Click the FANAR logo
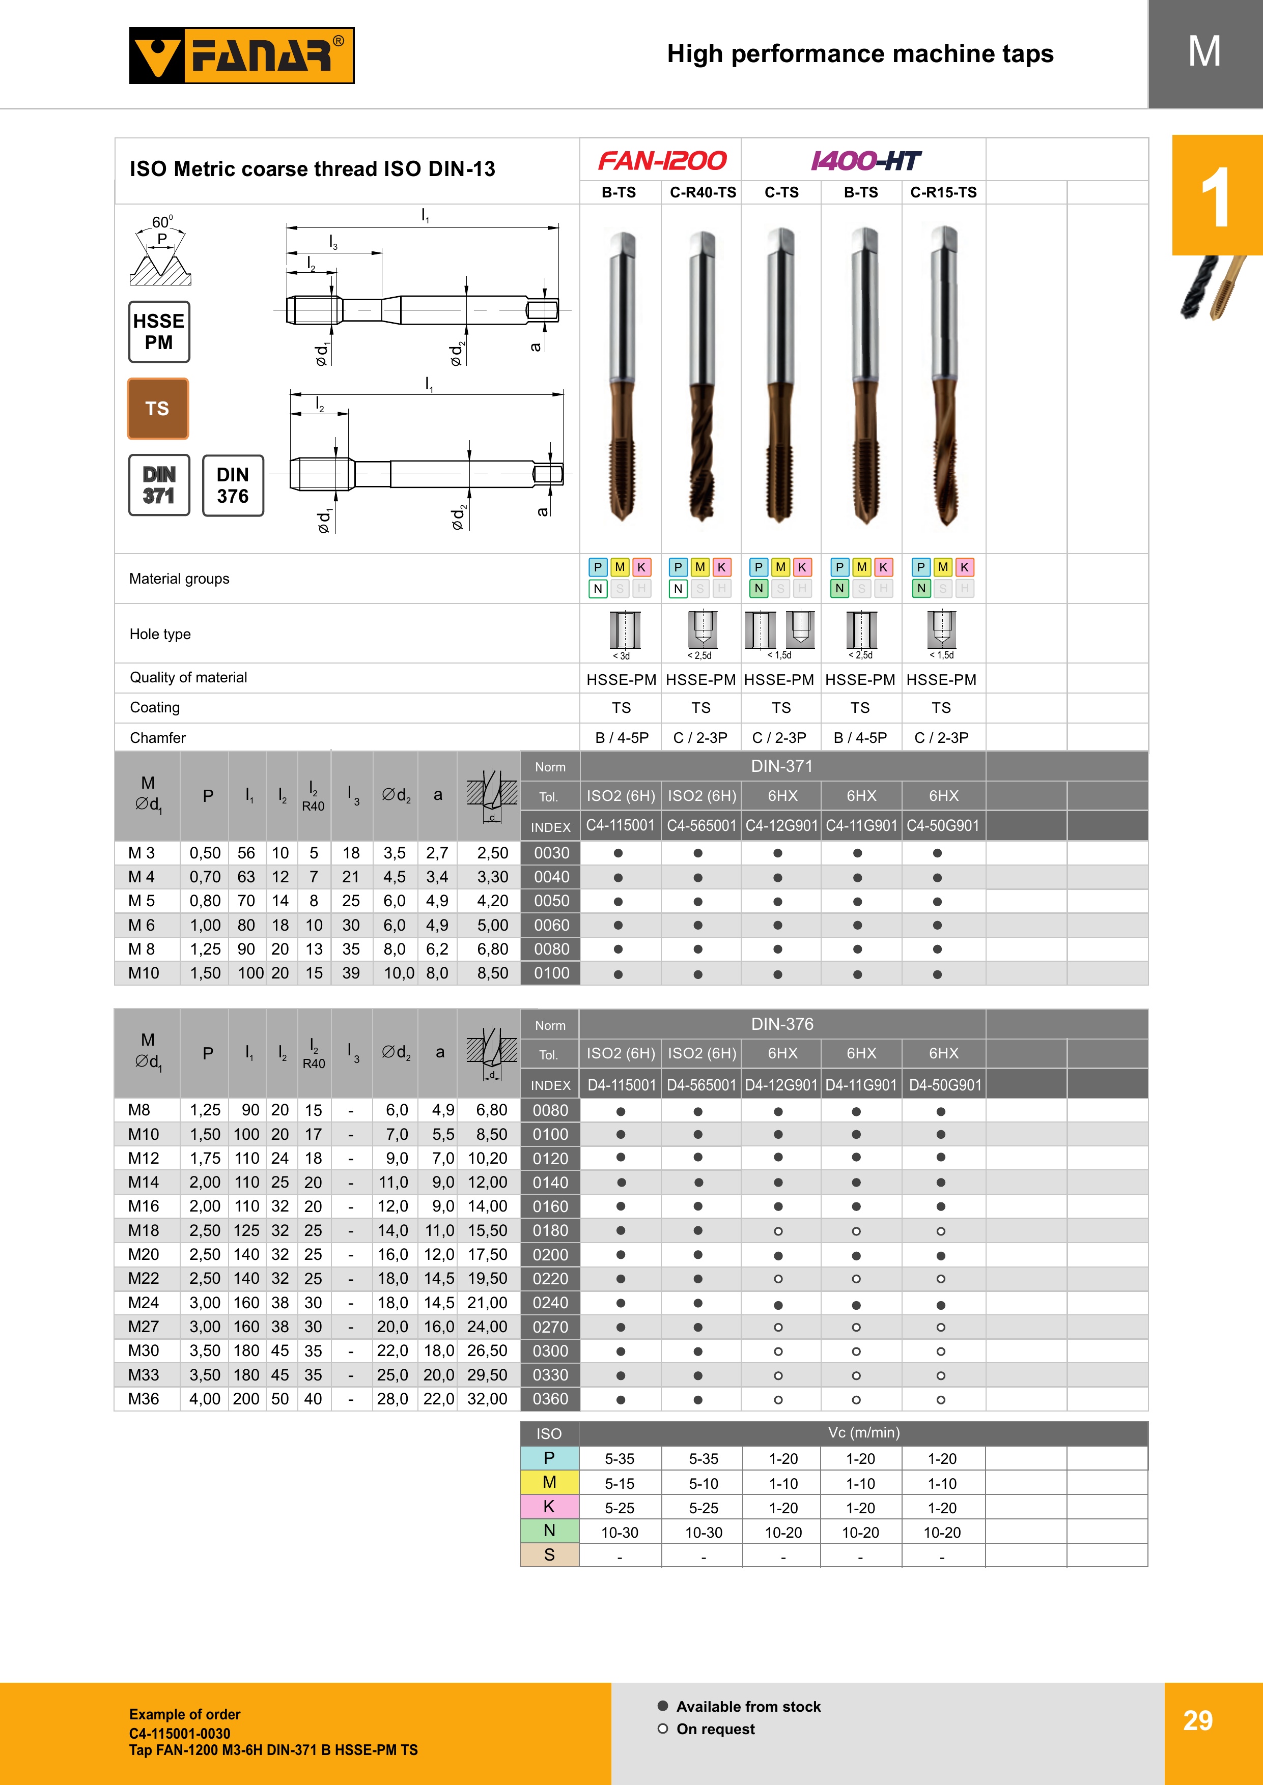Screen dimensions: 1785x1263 (241, 55)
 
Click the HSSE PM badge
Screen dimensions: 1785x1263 (159, 332)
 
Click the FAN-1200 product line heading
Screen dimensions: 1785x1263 (662, 161)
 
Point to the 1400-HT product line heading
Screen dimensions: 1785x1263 (864, 161)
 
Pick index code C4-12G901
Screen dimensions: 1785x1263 (781, 826)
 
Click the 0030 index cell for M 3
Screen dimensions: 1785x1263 (551, 853)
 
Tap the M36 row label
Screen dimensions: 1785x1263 (144, 1399)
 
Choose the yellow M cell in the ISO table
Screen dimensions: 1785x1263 (549, 1483)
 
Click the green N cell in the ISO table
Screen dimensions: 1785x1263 (549, 1531)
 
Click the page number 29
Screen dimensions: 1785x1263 (1198, 1720)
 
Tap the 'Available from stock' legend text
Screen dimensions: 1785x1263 (748, 1707)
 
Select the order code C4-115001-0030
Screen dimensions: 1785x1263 (180, 1733)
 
